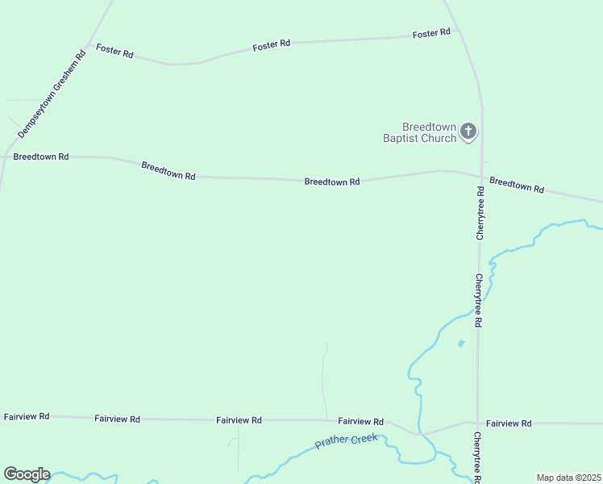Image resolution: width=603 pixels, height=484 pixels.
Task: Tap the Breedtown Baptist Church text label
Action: click(430, 132)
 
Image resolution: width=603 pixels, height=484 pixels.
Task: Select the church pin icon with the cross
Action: click(468, 132)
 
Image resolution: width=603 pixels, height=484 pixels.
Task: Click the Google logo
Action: click(27, 474)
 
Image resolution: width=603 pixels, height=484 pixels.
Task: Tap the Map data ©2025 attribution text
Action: click(568, 478)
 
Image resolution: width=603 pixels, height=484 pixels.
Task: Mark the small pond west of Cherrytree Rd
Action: click(461, 344)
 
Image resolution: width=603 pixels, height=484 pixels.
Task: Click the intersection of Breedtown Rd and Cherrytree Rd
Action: click(481, 177)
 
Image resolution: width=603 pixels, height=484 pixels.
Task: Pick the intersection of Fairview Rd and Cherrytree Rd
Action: click(477, 423)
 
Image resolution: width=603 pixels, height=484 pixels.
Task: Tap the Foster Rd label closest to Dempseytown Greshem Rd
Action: click(114, 51)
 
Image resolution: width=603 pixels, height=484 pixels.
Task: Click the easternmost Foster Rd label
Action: click(431, 33)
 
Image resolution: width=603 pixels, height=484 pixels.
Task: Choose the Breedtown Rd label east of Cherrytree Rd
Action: click(517, 185)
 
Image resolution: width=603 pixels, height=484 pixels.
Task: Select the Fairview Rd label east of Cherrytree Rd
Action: click(509, 423)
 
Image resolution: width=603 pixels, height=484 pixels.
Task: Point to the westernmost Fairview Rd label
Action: click(27, 416)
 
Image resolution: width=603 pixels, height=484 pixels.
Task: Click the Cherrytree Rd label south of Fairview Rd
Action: click(478, 457)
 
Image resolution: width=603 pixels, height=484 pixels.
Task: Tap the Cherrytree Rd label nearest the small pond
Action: click(478, 299)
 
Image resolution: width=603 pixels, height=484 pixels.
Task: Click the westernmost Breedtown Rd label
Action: click(40, 156)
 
